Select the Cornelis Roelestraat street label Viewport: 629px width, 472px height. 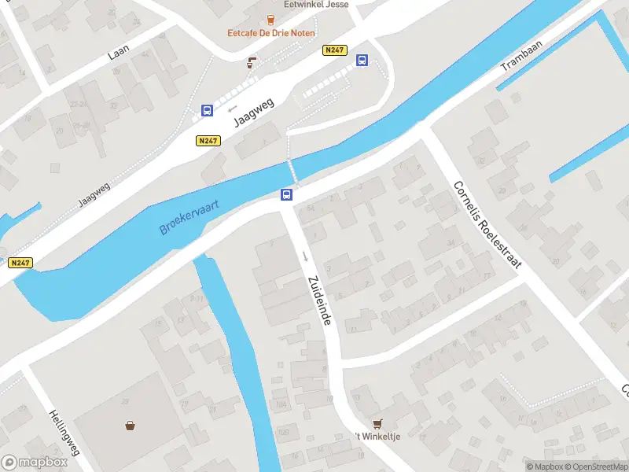tap(487, 224)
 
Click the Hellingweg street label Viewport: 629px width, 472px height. tap(64, 433)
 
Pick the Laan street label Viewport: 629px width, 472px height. tap(119, 51)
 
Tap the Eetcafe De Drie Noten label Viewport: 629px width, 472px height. tap(270, 33)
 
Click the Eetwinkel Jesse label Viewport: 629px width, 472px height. tap(316, 4)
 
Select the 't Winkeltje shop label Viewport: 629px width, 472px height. tap(378, 437)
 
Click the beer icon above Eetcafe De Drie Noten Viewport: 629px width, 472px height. tap(270, 19)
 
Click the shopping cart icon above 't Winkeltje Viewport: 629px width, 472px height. tap(377, 423)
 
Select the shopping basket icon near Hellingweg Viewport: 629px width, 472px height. tap(130, 426)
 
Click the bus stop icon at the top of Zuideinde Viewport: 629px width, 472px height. tap(288, 194)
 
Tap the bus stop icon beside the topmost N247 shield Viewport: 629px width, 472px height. tap(362, 61)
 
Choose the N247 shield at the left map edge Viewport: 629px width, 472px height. tap(20, 264)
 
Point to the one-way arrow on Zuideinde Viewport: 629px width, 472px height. tap(304, 256)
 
